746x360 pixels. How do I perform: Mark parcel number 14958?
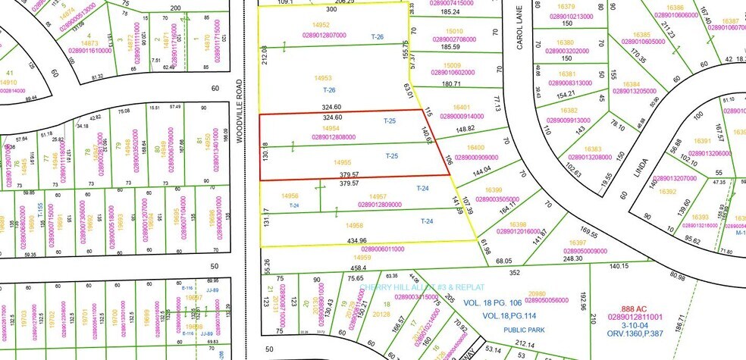tap(353, 226)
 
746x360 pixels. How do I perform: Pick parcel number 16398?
tap(518, 224)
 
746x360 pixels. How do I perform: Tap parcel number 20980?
tap(537, 293)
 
